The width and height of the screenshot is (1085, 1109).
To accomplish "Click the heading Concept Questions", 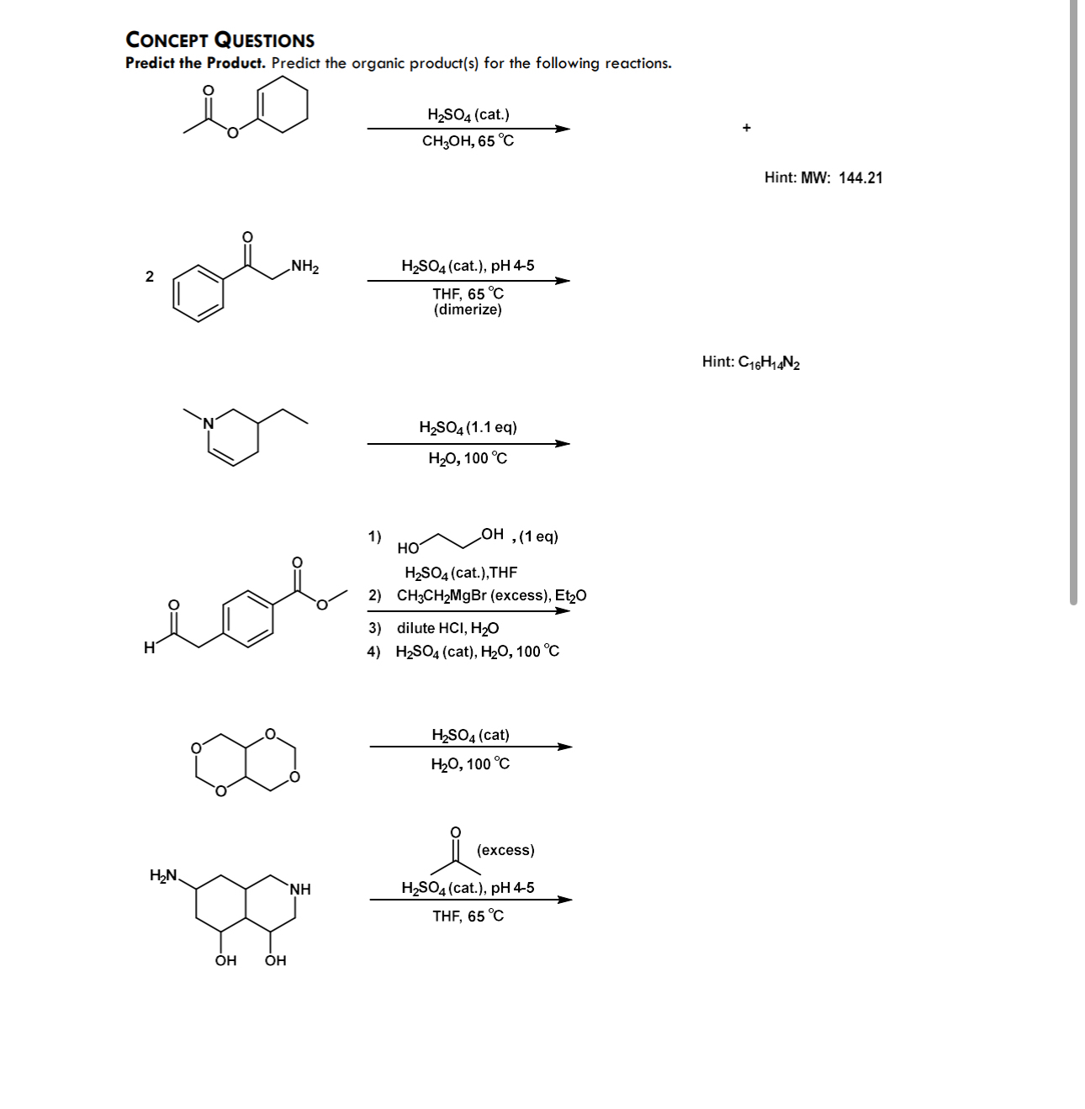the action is (220, 40).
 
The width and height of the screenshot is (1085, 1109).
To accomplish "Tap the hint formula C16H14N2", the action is (751, 362).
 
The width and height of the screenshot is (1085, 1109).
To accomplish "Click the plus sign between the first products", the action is (746, 128).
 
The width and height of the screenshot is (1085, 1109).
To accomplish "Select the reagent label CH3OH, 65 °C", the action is (468, 141).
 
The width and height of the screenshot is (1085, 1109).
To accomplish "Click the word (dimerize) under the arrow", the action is (468, 309).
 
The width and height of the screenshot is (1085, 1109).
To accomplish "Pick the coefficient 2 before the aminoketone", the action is (150, 277).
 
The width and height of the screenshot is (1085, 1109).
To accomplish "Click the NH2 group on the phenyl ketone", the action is (304, 267).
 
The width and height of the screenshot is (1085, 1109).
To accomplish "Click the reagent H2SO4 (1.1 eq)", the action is (468, 427).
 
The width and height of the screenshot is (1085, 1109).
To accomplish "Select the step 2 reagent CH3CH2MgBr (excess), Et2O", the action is (491, 595).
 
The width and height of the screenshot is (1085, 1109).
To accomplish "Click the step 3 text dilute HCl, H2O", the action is (447, 628).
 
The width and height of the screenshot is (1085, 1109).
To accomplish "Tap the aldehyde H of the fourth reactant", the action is (149, 647).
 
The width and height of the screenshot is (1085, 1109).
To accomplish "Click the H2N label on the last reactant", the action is (163, 875).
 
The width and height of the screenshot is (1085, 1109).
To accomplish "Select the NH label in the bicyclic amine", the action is (300, 889).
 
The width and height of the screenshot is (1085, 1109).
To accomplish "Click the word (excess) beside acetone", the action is (505, 850).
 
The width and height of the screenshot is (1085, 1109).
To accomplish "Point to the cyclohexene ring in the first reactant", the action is (282, 104).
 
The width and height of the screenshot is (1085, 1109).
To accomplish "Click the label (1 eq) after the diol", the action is (539, 536).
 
